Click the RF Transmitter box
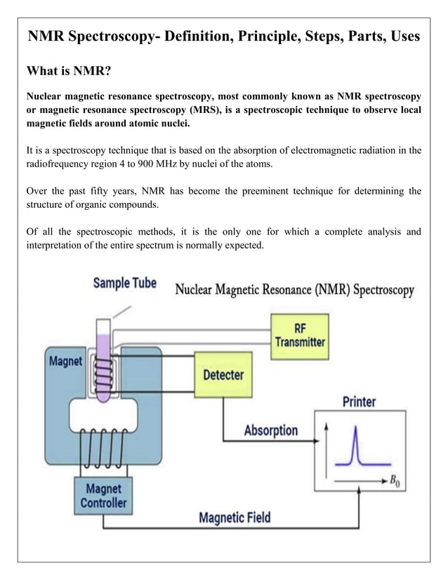300,335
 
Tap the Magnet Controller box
103,496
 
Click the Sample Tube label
125,284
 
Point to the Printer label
359,402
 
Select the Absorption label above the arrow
270,430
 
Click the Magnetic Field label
235,519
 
